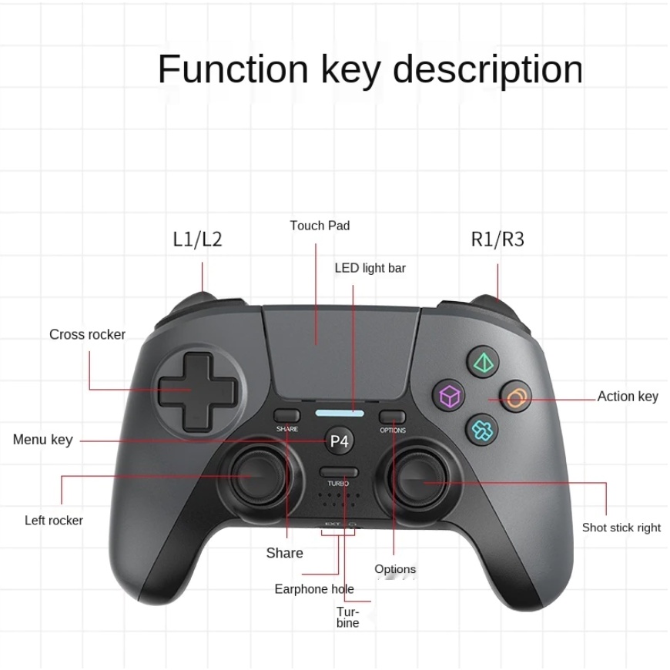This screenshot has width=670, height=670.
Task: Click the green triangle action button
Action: tap(483, 362)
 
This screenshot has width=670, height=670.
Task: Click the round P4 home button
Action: tap(340, 441)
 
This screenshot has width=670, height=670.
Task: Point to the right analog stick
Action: tap(420, 478)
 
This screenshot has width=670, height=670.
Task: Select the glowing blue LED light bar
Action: tap(339, 414)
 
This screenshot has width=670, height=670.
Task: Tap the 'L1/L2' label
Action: tap(197, 240)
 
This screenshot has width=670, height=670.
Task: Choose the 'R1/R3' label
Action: tap(497, 240)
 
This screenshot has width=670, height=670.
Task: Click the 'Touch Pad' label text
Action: tap(320, 226)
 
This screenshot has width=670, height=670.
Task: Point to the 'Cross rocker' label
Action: tap(87, 334)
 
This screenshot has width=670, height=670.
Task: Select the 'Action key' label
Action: tap(628, 397)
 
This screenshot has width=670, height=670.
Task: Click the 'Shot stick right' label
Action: tap(621, 528)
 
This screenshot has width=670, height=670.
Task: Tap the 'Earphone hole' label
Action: tap(314, 589)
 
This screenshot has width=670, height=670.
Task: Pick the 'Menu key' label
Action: tap(42, 440)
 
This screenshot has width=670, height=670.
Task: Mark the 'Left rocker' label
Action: tap(54, 521)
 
